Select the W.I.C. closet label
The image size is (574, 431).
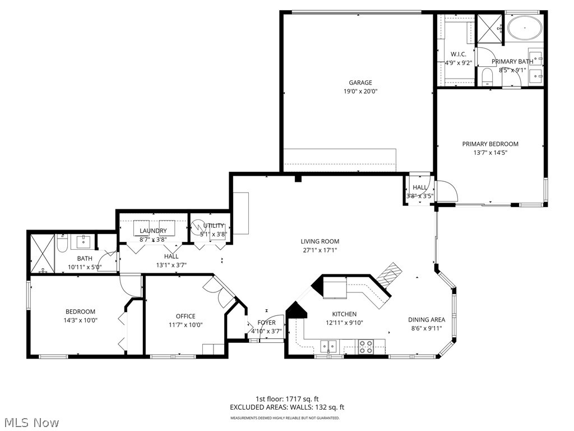(x=459, y=54)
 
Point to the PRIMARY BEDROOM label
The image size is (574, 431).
(x=490, y=144)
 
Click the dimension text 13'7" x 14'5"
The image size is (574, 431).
(x=490, y=153)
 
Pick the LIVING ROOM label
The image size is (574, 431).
(x=320, y=242)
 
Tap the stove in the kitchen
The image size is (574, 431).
(x=366, y=347)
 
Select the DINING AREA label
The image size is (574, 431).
(x=426, y=320)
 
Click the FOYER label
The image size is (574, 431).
(x=266, y=323)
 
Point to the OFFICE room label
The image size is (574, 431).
(x=185, y=316)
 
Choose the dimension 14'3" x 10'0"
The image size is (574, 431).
(x=80, y=320)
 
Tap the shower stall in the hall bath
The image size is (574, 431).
(x=42, y=254)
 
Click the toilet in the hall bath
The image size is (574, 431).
(x=62, y=245)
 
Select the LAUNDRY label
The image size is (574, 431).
(x=153, y=231)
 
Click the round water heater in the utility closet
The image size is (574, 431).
(x=198, y=228)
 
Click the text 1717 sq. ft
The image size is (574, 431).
(x=307, y=398)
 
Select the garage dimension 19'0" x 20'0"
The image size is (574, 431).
(x=360, y=91)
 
